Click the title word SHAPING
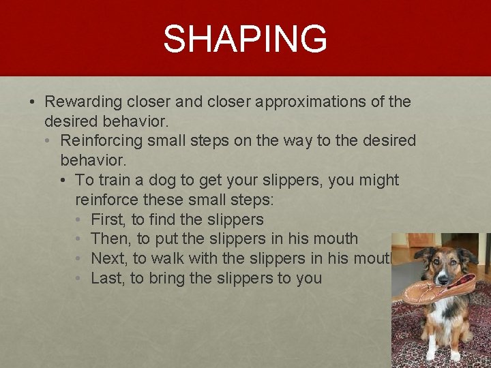tap(245, 39)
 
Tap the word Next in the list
tap(108, 258)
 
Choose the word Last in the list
tap(106, 278)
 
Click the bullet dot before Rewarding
tap(32, 102)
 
